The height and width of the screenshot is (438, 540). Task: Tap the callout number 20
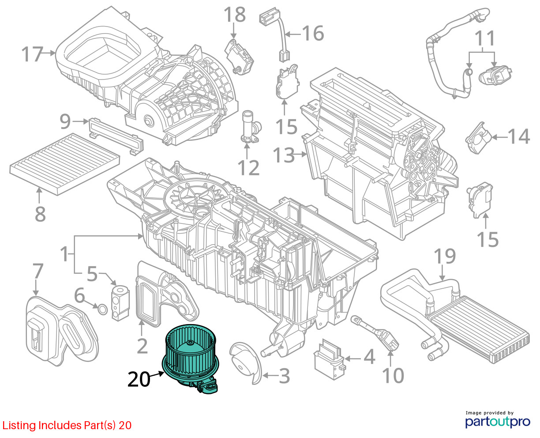click(139, 379)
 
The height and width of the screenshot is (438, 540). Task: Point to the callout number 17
click(32, 54)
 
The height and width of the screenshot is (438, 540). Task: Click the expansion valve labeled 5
click(119, 303)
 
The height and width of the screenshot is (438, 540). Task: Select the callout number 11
click(485, 38)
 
